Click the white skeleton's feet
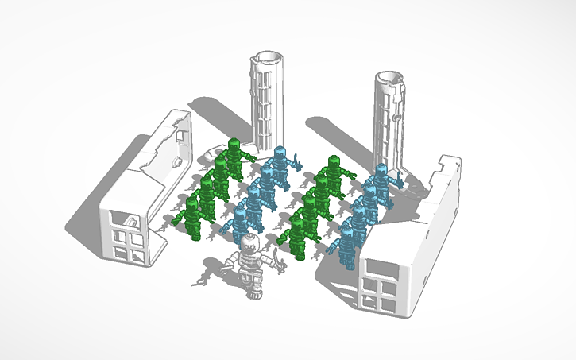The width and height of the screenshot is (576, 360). [253, 295]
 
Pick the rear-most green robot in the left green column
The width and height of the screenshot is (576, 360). [234, 156]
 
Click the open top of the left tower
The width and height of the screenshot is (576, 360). [267, 56]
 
